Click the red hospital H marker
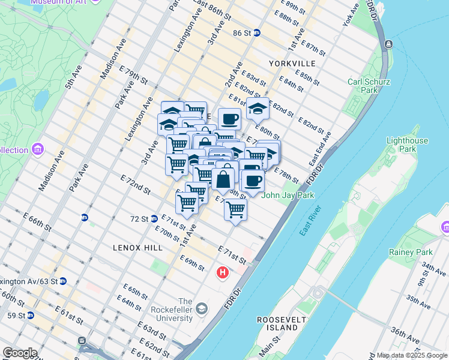point(223,273)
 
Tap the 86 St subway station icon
point(256,33)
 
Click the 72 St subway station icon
point(154,219)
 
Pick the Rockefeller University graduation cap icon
point(202,308)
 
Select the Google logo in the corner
point(20,352)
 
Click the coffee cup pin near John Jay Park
point(253,180)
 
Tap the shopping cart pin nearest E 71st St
point(236,209)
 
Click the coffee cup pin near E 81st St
point(229,119)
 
